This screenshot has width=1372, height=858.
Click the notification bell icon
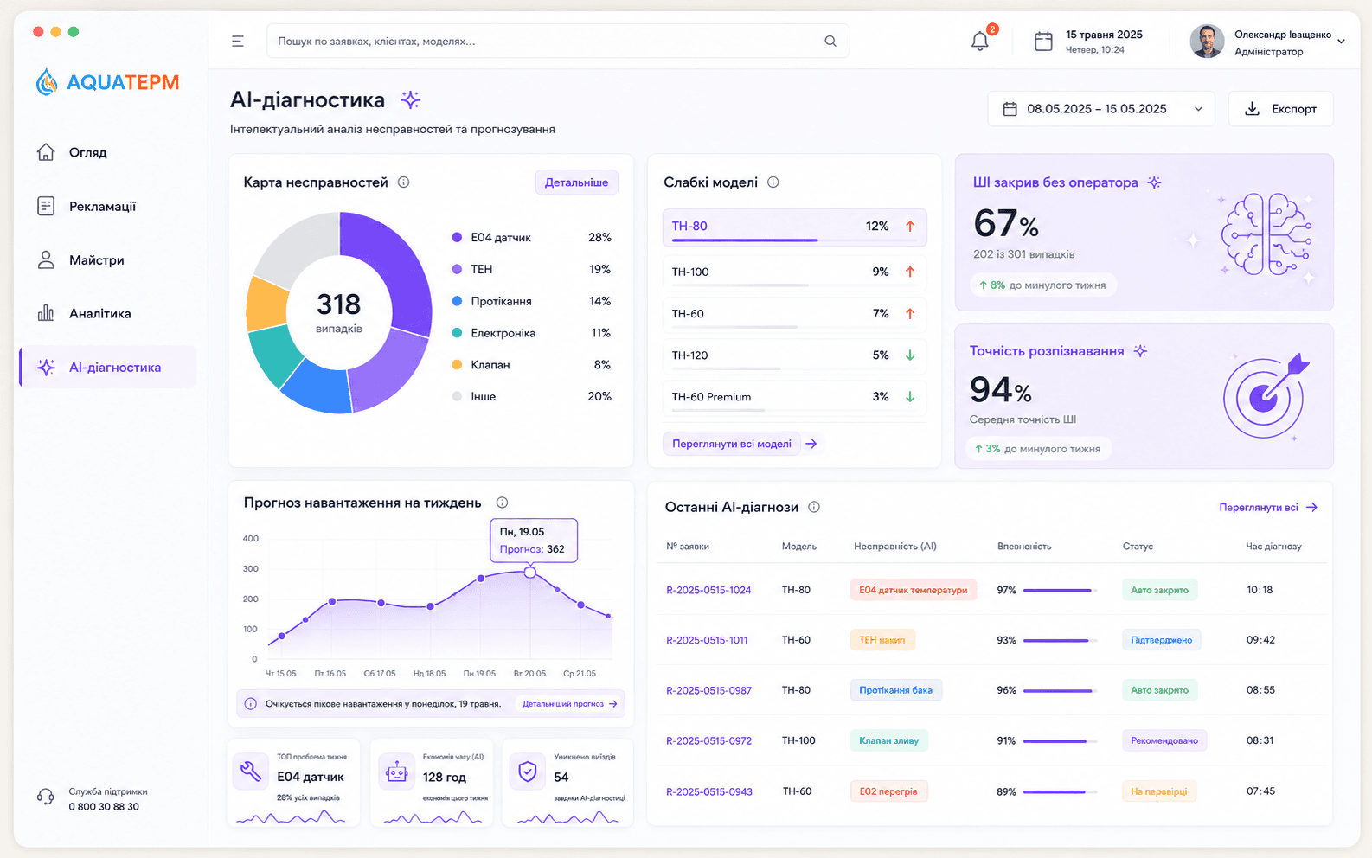click(979, 41)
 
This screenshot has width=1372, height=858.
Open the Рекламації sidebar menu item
click(102, 207)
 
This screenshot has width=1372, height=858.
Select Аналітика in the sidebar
click(99, 314)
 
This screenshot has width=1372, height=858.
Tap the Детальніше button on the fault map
click(576, 182)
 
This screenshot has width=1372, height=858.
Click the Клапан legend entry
click(490, 364)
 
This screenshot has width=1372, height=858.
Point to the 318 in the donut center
click(339, 304)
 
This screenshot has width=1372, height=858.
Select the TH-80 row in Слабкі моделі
click(794, 227)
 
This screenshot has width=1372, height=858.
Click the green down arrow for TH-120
click(910, 355)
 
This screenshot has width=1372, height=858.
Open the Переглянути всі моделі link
click(731, 444)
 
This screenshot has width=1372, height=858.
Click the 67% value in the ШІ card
click(1006, 223)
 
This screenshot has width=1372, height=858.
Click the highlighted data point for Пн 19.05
click(529, 572)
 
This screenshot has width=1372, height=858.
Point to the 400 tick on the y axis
click(251, 538)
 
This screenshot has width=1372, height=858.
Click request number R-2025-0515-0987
click(708, 690)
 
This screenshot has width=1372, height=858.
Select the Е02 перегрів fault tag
click(888, 791)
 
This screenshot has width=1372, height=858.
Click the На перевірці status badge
click(1159, 791)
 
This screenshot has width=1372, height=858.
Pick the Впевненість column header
click(1024, 547)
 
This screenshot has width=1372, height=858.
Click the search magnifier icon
click(830, 41)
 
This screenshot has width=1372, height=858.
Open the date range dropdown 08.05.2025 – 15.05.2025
click(1100, 109)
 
